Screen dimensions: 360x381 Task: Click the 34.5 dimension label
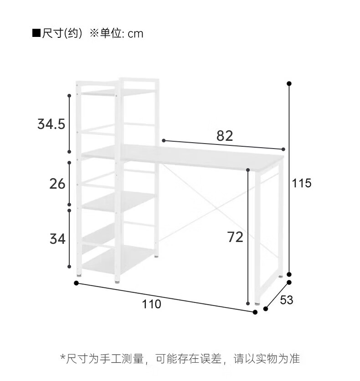pos(51,124)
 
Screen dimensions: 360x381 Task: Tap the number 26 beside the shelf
pos(57,184)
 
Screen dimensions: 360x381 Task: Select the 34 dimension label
pos(57,238)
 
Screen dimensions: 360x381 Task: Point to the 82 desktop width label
pos(225,135)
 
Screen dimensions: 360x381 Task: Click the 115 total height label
pos(301,183)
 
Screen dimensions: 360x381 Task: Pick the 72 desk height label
pos(235,237)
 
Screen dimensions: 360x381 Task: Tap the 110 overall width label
pos(152,304)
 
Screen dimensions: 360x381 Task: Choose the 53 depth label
pos(286,300)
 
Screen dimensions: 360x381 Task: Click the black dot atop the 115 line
pos(289,83)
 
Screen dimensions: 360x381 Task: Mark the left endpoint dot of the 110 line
pos(76,283)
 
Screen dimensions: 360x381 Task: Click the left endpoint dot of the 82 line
pos(164,140)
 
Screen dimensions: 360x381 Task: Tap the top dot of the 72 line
pos(248,170)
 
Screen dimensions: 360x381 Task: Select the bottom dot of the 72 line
pos(248,303)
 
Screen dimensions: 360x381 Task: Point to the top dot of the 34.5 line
pos(69,96)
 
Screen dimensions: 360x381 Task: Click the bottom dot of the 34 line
pos(69,267)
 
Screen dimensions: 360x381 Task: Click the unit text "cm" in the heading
pos(135,34)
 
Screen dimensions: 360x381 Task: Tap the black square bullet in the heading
pos(36,34)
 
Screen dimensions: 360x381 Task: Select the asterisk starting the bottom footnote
pos(63,357)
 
